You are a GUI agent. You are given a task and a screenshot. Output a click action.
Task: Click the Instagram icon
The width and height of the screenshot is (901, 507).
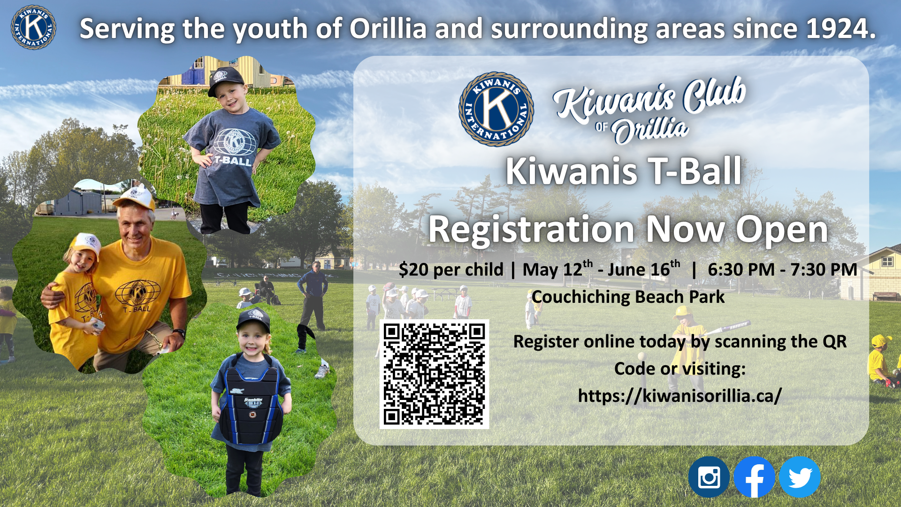coord(709,477)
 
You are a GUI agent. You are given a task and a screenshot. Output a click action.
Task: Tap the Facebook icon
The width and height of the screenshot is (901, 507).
coord(754,477)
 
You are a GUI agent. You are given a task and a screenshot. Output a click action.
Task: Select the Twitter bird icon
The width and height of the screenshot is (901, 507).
coord(800,477)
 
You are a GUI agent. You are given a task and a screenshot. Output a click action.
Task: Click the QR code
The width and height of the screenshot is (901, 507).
coord(434,374)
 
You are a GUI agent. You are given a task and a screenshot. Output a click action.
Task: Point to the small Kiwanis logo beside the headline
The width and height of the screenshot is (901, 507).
coord(33,27)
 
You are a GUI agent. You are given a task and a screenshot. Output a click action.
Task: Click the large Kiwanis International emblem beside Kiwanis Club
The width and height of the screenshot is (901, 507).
coord(496,109)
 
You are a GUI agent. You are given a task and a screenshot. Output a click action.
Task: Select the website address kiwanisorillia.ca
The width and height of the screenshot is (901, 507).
coord(680,395)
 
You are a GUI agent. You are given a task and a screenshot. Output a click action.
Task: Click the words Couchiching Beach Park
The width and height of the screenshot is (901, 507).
coord(628,297)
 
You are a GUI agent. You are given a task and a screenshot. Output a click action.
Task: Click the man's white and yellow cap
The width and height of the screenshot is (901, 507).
coord(134,198)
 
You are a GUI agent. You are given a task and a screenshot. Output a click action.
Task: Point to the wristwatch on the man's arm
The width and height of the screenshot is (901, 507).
coord(180,333)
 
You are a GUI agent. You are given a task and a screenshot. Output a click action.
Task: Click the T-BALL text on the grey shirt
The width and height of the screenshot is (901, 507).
coord(233,161)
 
